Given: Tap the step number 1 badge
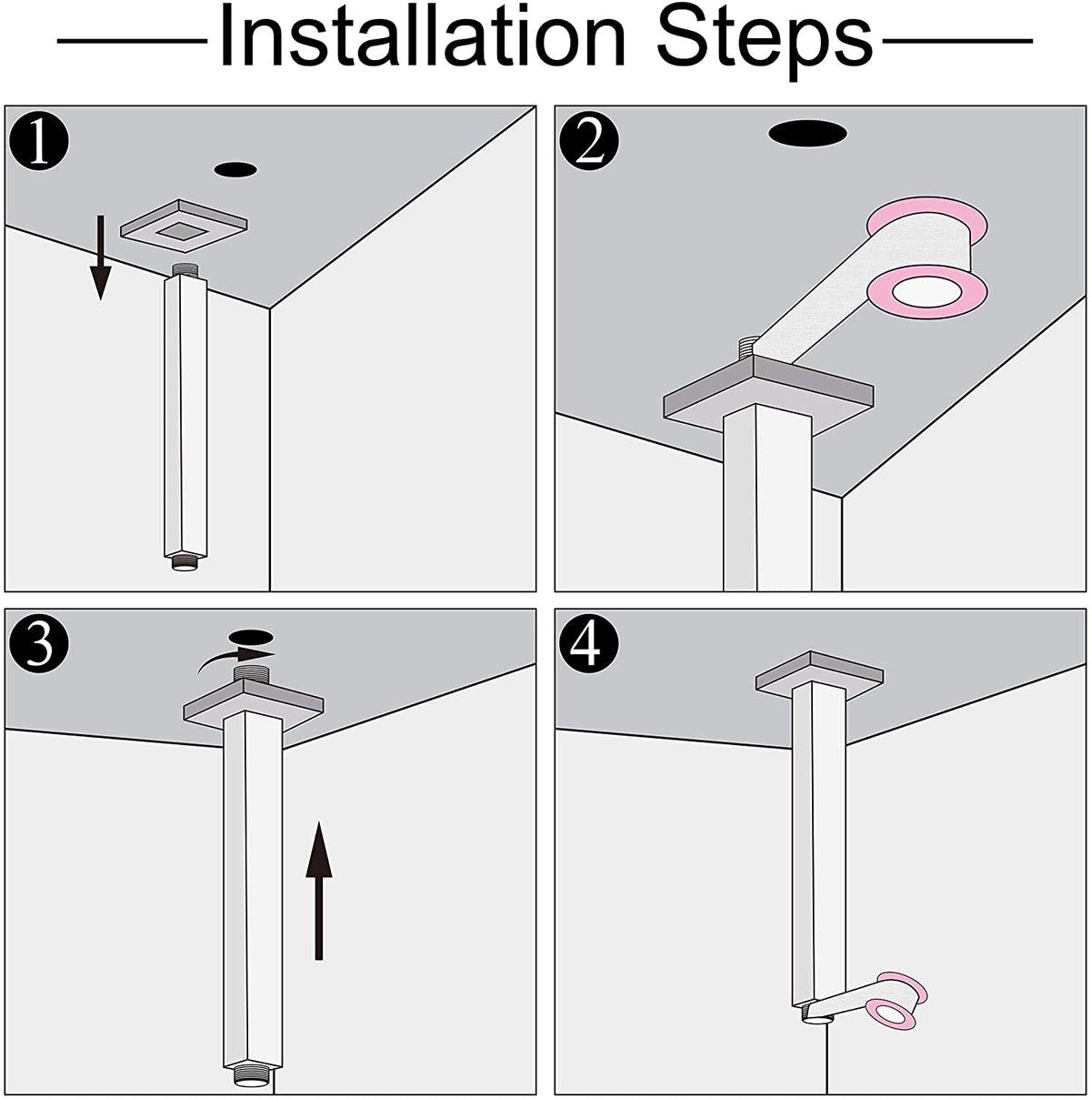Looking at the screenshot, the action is [39, 142].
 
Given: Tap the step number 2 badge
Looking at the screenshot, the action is [589, 142].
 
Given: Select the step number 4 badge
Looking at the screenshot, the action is [589, 644].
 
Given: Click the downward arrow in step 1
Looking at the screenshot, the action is [101, 257].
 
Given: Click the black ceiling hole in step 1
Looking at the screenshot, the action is [235, 169].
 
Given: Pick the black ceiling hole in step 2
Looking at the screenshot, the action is [807, 134].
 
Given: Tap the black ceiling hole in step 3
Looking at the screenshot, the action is [251, 636].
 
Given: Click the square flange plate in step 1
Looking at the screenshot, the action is [184, 226].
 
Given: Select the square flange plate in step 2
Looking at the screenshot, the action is [768, 395].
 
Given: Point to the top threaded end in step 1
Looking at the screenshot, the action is [185, 270].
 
